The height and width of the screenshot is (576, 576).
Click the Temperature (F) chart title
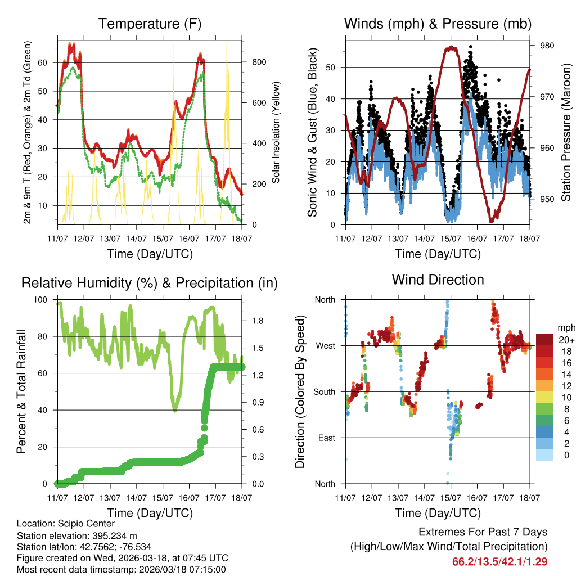pos(150,24)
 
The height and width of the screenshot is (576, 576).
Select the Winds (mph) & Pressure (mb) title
pos(438,24)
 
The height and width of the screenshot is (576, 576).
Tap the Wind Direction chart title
pos(438,280)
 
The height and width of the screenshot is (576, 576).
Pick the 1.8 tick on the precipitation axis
pos(258,321)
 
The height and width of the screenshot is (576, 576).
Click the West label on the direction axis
pos(325,345)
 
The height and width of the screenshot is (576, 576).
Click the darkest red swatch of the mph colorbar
pos(544,340)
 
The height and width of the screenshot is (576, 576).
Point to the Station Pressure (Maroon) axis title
pos(566,131)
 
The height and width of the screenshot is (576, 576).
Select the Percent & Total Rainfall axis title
pos(21,392)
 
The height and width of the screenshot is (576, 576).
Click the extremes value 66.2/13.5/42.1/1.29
pos(499,561)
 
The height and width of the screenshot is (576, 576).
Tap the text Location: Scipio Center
pos(66,524)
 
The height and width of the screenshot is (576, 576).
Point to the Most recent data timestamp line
pos(121,569)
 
